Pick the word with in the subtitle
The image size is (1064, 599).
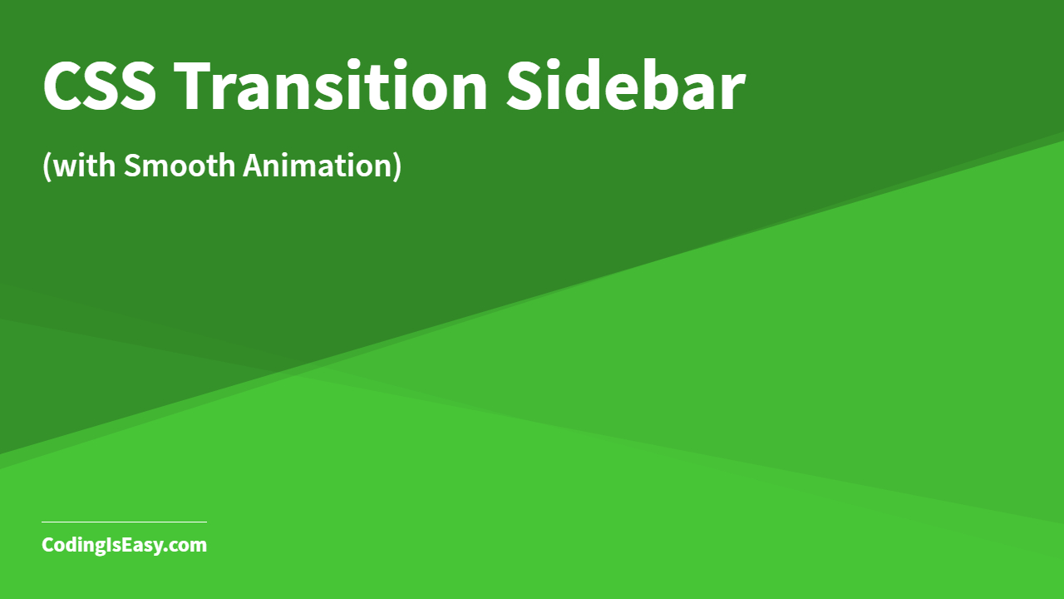[x=85, y=166]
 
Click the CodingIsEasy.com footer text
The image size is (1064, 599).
[x=124, y=546]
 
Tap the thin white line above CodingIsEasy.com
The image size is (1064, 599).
[x=124, y=522]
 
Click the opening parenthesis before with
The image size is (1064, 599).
[x=47, y=166]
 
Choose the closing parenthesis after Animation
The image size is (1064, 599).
[x=396, y=166]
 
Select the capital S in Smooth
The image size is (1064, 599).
[x=132, y=166]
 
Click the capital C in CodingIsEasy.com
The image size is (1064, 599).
[x=48, y=546]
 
